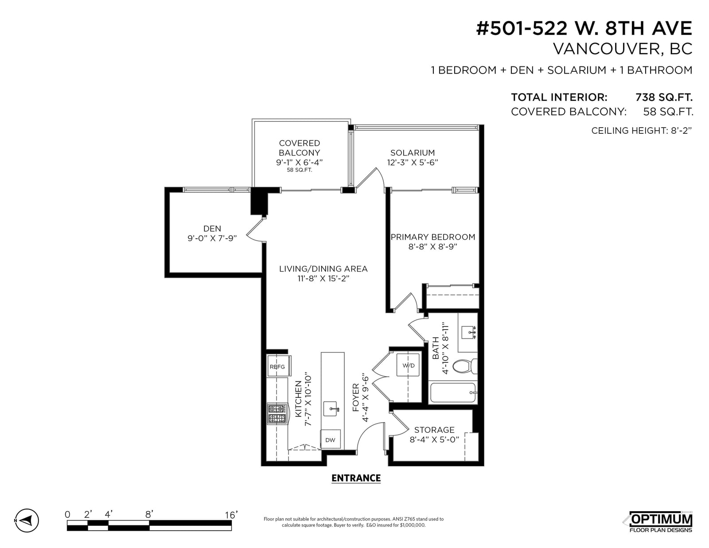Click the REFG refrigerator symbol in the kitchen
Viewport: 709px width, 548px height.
click(x=278, y=366)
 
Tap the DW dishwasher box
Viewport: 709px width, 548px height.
click(x=330, y=440)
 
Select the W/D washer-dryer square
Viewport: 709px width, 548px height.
click(x=408, y=365)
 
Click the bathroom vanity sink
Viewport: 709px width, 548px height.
click(x=469, y=332)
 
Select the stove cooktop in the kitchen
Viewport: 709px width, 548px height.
click(x=277, y=414)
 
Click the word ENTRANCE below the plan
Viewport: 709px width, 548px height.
click(x=356, y=478)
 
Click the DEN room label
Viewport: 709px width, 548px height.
click(x=212, y=229)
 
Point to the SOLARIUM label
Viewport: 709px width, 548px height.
click(x=413, y=153)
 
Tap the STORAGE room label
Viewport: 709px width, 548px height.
click(x=434, y=430)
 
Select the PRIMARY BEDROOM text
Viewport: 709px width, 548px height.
click(x=433, y=237)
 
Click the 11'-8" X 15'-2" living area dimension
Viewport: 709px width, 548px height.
click(x=323, y=279)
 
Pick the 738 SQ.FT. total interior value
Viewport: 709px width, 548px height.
click(x=664, y=97)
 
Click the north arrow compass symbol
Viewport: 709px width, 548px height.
click(x=27, y=520)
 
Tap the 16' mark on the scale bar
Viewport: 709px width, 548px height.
click(x=231, y=515)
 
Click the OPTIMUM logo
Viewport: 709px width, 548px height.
click(x=661, y=519)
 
